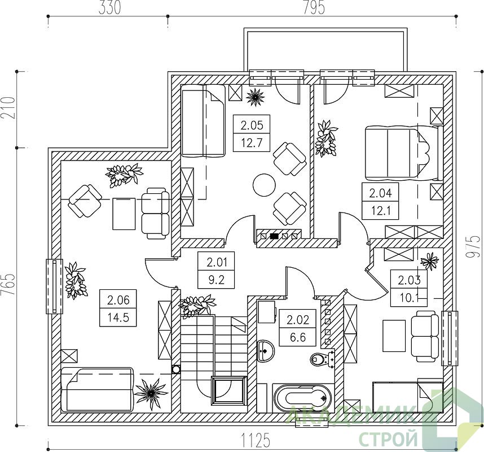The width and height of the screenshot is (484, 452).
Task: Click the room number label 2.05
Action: pyautogui.click(x=252, y=125)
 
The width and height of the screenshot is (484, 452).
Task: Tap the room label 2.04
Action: pyautogui.click(x=380, y=194)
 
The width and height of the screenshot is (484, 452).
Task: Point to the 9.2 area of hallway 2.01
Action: pyautogui.click(x=217, y=280)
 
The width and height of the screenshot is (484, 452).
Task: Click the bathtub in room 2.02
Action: pyautogui.click(x=302, y=398)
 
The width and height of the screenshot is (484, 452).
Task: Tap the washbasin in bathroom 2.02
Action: pyautogui.click(x=266, y=351)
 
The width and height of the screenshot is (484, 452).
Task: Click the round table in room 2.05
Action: pyautogui.click(x=264, y=185)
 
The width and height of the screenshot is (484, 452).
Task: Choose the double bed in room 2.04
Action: pyautogui.click(x=402, y=153)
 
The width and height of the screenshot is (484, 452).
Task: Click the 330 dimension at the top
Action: pyautogui.click(x=109, y=8)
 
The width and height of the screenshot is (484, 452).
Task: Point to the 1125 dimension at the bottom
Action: pyautogui.click(x=256, y=440)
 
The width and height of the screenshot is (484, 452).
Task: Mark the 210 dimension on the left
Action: pyautogui.click(x=8, y=108)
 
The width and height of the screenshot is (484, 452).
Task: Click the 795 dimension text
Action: pyautogui.click(x=314, y=8)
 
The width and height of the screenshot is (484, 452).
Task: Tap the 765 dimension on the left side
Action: pyautogui.click(x=8, y=284)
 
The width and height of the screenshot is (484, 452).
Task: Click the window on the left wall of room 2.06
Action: pyautogui.click(x=54, y=286)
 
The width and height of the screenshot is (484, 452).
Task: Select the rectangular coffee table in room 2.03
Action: pyautogui.click(x=394, y=336)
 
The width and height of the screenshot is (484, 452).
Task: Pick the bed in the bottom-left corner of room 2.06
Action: pyautogui.click(x=98, y=389)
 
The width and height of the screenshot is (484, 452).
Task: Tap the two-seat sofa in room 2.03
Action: pyautogui.click(x=425, y=336)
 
